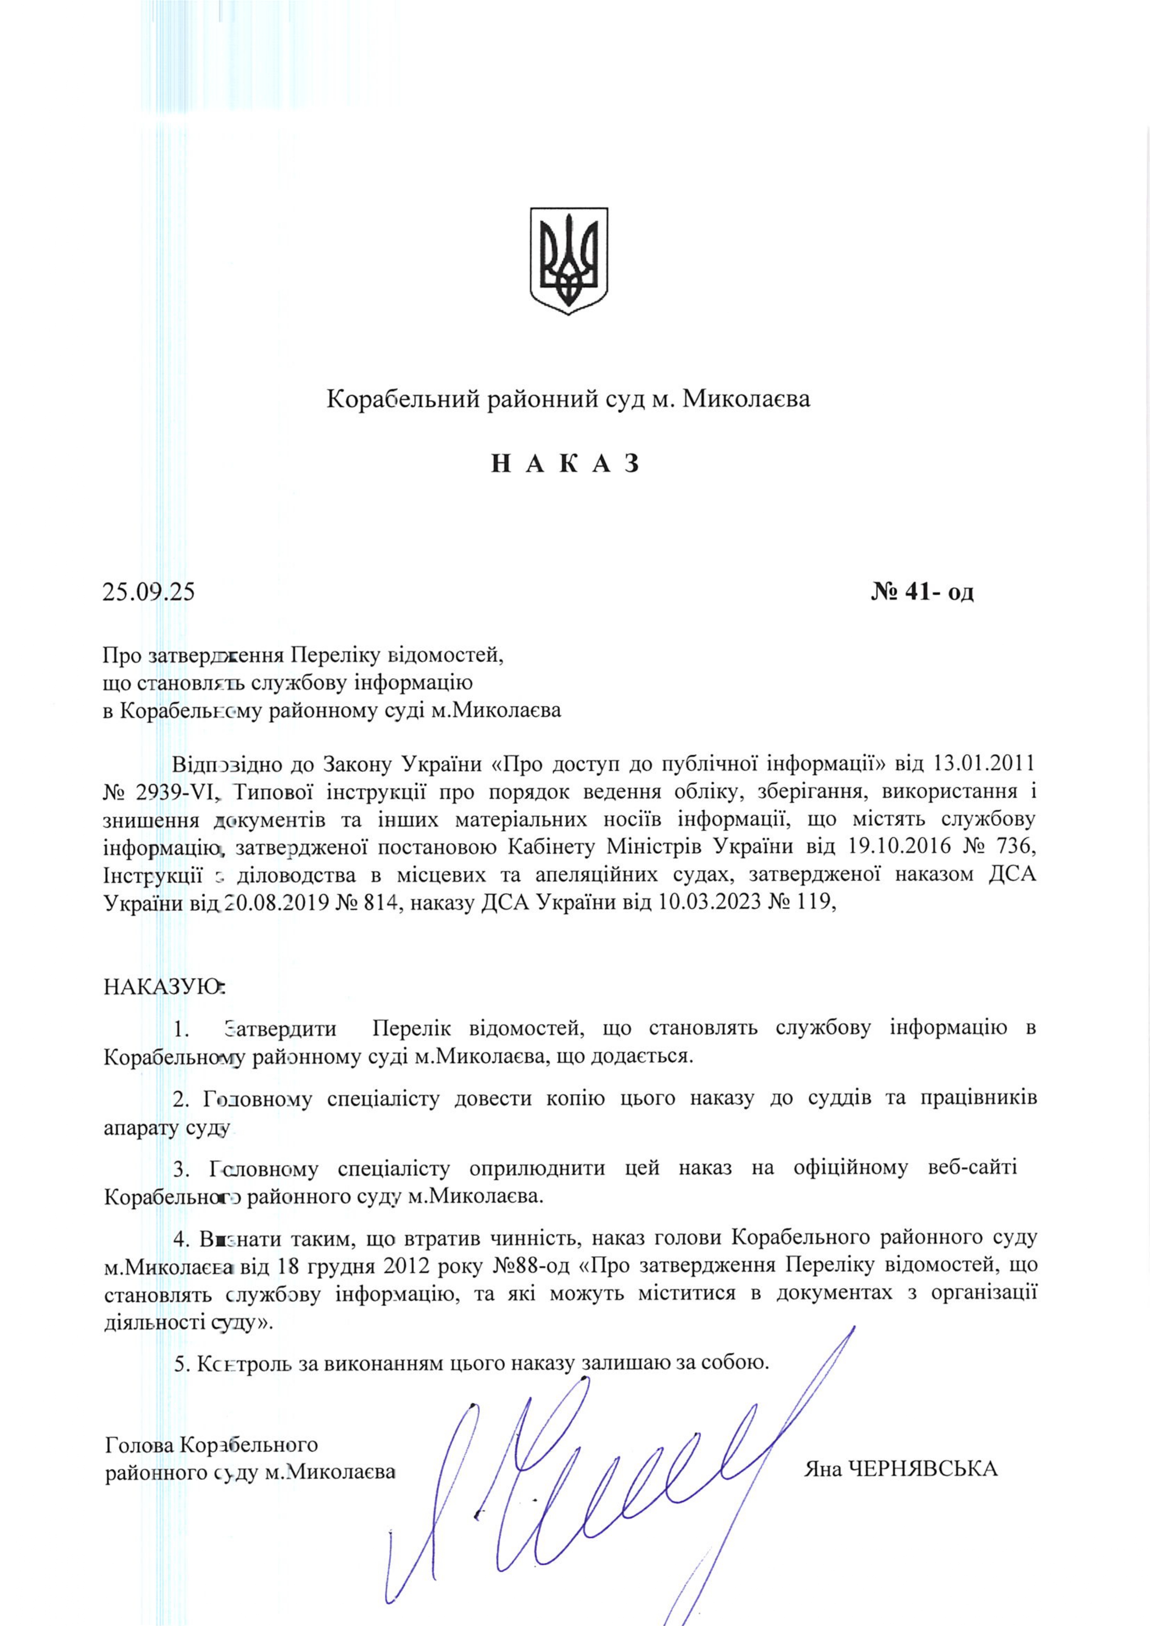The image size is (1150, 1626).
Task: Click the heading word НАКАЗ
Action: click(x=567, y=464)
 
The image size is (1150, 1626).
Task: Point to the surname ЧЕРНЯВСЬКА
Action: click(x=923, y=1469)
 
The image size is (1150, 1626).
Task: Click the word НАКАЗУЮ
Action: click(x=162, y=987)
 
